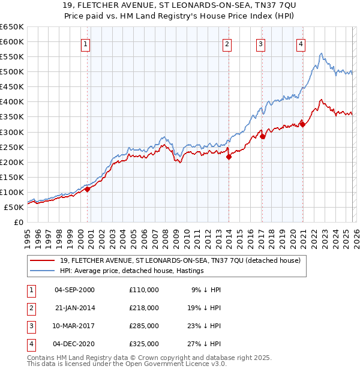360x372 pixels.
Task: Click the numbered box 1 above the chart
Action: click(86, 43)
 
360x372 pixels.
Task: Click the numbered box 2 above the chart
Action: click(227, 43)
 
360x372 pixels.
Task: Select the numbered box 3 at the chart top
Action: click(261, 43)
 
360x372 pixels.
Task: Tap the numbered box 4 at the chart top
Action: click(300, 43)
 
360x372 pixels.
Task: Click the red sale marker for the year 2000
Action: click(88, 189)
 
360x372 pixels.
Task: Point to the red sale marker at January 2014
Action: click(229, 157)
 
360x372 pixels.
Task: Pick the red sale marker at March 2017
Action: click(263, 136)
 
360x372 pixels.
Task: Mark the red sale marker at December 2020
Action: click(302, 124)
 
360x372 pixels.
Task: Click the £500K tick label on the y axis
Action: click(11, 72)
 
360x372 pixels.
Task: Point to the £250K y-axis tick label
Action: click(11, 147)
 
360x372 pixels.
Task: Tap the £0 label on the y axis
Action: click(18, 223)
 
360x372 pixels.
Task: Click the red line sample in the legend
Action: click(43, 260)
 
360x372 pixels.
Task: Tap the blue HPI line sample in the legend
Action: click(43, 271)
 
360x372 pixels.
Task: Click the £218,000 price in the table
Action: click(143, 308)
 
